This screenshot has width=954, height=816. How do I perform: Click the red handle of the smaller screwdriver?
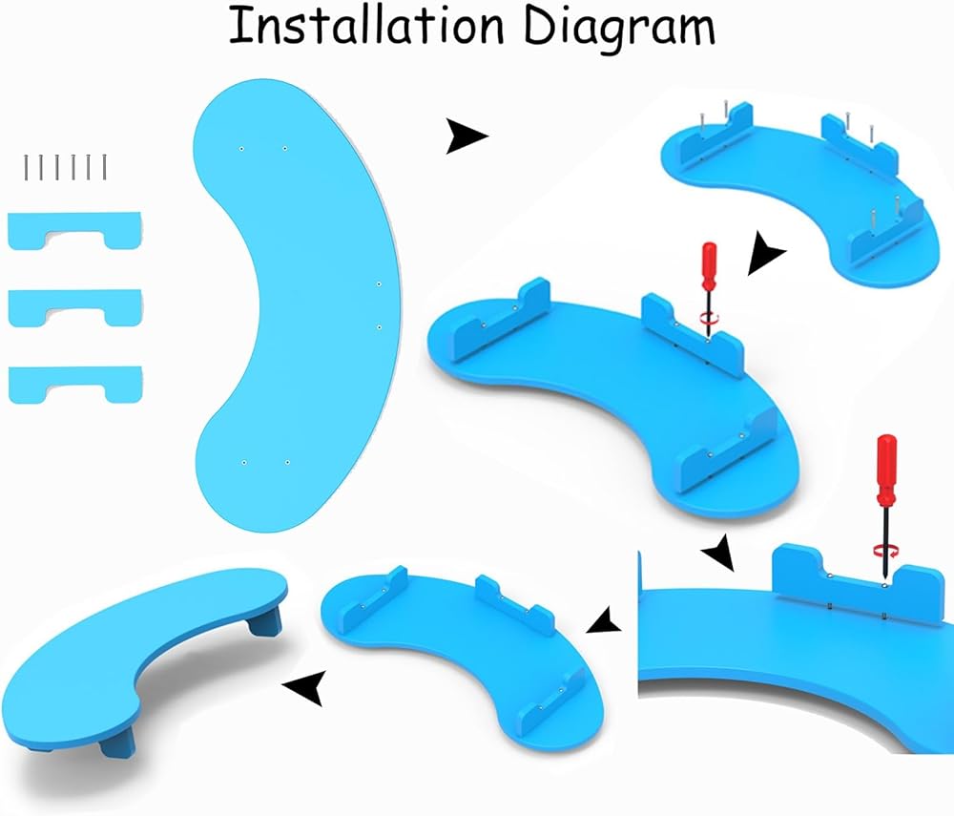point(709,266)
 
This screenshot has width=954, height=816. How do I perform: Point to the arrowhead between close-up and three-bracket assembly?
point(603,622)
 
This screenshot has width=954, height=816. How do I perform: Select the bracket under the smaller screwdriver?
point(692,334)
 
